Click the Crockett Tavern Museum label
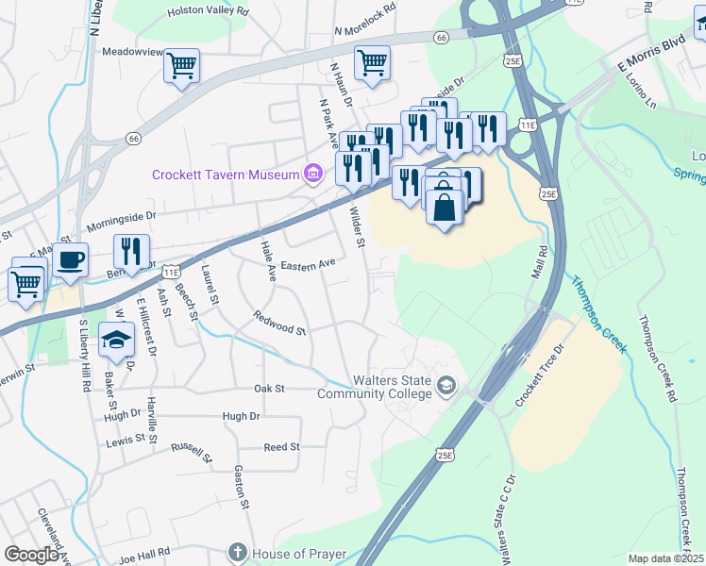coord(225,175)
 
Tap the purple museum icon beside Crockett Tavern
coord(311,174)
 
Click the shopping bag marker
coord(445,205)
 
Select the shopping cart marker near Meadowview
coord(181,66)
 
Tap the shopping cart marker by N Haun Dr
coord(372,62)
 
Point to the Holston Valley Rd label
coord(208,11)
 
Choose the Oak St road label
coord(269,389)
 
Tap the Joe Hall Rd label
coord(144,552)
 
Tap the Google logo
coord(32,555)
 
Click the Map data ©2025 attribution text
coord(665,558)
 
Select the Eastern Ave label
coord(308,263)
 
